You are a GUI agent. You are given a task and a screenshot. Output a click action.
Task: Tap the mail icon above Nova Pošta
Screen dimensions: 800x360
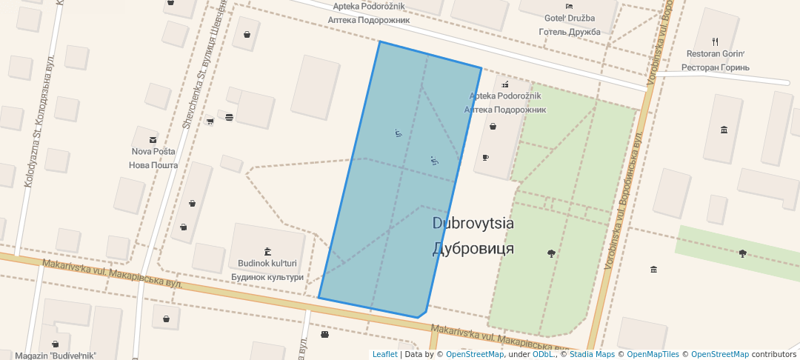[x=153, y=139]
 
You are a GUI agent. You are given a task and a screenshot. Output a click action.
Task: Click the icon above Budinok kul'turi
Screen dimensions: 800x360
[x=267, y=250]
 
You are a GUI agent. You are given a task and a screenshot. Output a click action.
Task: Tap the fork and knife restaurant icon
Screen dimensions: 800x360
[x=715, y=41]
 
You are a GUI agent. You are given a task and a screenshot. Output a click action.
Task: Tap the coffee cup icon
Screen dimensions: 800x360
[x=485, y=157]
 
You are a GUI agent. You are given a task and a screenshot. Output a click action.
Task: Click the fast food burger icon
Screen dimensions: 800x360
[x=229, y=117]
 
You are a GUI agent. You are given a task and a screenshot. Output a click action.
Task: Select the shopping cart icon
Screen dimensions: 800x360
[x=210, y=121]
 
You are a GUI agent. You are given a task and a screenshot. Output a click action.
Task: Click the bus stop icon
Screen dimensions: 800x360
[x=324, y=334]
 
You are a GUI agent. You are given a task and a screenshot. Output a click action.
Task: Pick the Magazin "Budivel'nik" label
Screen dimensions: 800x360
[x=56, y=355]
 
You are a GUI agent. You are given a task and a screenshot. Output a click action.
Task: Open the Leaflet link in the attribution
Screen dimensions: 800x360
[x=384, y=354]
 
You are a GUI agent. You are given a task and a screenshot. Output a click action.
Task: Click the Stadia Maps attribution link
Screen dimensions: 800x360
[x=592, y=354]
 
